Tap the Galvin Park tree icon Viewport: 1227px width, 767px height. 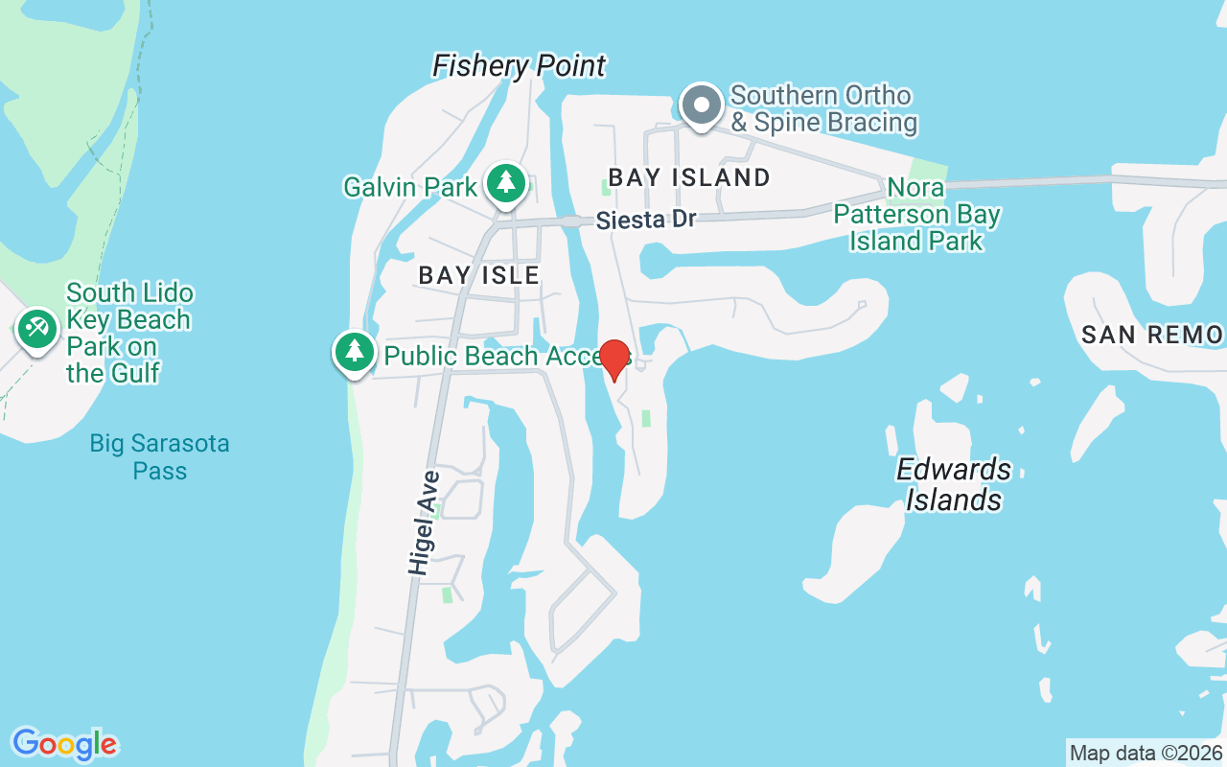tap(505, 182)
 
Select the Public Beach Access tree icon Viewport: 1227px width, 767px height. tap(355, 351)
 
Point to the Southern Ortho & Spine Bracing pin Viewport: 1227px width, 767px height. tap(701, 104)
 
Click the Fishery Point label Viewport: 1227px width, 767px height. tap(519, 66)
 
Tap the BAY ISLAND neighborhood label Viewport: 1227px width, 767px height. tap(689, 177)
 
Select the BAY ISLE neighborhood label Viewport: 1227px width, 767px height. tap(479, 275)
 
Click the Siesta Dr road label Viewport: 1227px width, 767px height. tap(645, 220)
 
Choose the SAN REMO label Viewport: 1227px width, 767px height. tap(1151, 335)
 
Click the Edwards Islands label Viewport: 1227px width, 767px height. tap(954, 484)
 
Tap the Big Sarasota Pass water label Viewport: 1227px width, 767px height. tap(159, 457)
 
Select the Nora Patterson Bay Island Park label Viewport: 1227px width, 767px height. tap(916, 214)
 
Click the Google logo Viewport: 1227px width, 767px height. tap(64, 743)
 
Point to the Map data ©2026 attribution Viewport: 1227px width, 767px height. tap(1146, 753)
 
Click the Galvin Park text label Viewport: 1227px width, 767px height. tap(410, 186)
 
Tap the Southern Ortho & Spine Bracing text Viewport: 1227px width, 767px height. tap(823, 109)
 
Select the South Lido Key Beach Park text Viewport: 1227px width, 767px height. tap(127, 333)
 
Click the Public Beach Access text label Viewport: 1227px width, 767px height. tap(494, 356)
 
